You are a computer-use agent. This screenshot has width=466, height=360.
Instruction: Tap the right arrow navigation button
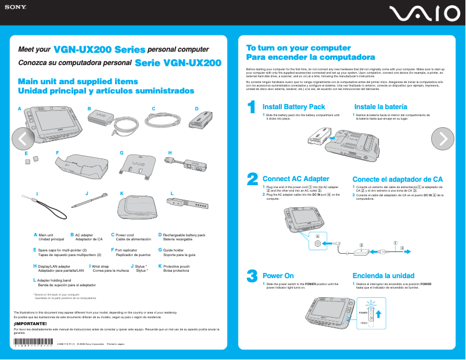[443, 138]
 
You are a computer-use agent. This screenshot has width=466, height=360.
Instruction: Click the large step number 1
[252, 108]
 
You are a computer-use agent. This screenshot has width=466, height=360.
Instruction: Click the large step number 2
[252, 179]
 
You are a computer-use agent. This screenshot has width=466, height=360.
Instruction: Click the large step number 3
[252, 276]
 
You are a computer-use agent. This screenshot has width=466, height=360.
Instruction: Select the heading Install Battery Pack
[293, 107]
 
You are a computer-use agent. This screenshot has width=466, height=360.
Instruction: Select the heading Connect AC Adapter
[296, 179]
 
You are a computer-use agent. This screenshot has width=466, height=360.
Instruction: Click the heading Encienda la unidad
[383, 275]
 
